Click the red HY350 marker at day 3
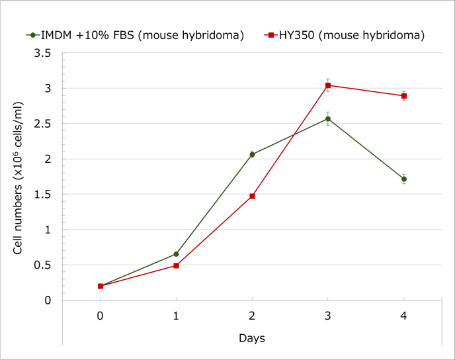click(x=328, y=85)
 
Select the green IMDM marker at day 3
click(x=328, y=118)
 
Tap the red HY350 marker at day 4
click(x=403, y=96)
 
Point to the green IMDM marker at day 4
click(x=403, y=179)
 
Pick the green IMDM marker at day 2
click(x=252, y=154)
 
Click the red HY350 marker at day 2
click(x=252, y=196)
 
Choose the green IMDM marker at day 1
click(x=176, y=254)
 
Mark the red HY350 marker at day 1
click(x=176, y=265)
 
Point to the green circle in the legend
click(x=32, y=34)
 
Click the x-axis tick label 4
click(x=403, y=316)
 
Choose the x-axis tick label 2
click(x=252, y=316)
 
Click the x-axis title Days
click(x=252, y=338)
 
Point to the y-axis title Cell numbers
click(x=20, y=179)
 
